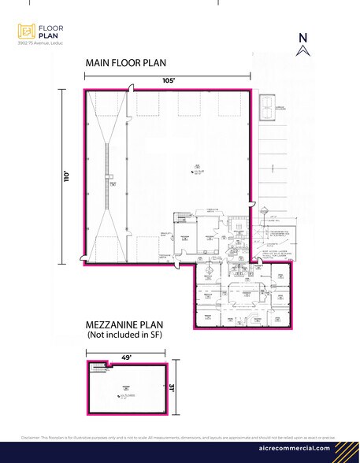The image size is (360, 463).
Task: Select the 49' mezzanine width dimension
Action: click(x=126, y=356)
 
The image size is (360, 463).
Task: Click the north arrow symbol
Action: click(x=302, y=51)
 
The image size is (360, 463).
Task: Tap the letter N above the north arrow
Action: click(x=302, y=36)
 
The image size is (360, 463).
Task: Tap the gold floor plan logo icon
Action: click(x=26, y=31)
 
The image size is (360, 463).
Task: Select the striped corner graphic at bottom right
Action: click(x=347, y=450)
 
